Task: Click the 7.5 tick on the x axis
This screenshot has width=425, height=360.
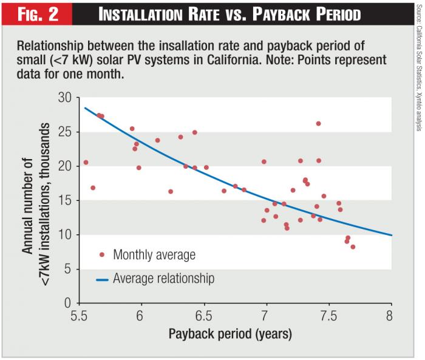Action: click(x=328, y=317)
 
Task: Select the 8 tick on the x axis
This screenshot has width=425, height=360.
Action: click(x=390, y=317)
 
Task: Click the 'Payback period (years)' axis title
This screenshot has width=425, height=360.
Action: click(x=230, y=335)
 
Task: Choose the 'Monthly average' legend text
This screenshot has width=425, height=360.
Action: click(x=154, y=255)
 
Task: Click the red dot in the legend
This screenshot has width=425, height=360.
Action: click(x=101, y=255)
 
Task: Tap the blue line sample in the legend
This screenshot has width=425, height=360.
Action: click(x=101, y=279)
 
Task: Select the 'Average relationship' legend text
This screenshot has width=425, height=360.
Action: click(x=164, y=279)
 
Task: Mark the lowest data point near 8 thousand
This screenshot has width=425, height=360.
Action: click(x=353, y=246)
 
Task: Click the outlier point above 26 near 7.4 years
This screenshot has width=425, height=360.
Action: click(x=318, y=123)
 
